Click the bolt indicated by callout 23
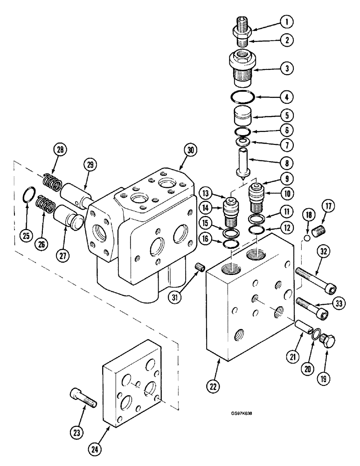point(84,397)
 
